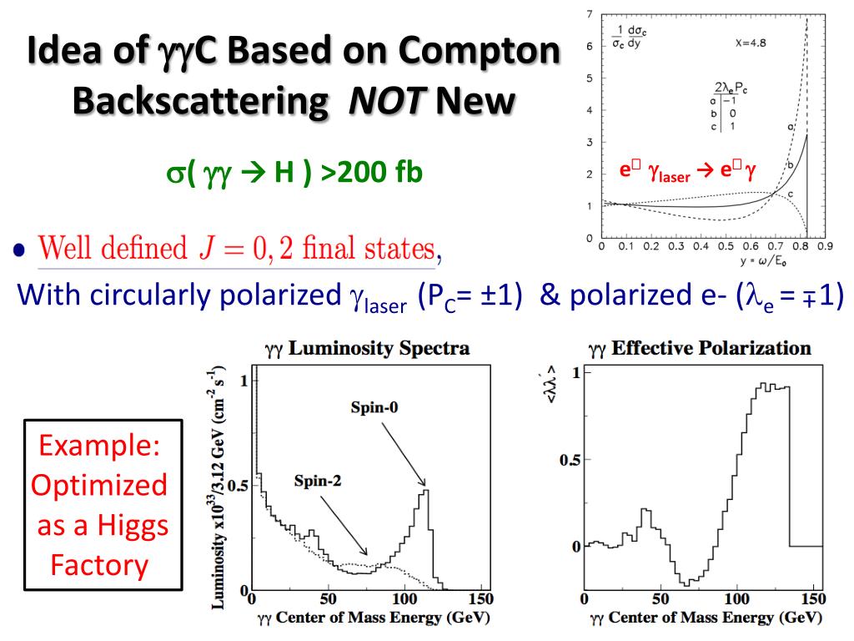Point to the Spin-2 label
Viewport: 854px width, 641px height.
318,480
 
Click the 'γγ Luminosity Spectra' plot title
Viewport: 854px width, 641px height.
366,348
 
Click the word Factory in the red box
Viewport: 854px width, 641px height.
99,565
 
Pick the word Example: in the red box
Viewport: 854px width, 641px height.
99,446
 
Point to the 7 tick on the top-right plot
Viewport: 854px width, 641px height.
590,15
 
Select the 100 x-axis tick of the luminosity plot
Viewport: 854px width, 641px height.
404,599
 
